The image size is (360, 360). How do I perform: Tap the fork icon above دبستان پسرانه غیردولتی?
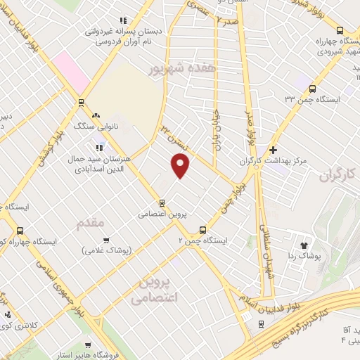[124, 20]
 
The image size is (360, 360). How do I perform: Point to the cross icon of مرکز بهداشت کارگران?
[274, 150]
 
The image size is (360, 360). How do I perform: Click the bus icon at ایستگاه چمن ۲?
[203, 229]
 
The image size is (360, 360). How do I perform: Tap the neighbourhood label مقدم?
[90, 223]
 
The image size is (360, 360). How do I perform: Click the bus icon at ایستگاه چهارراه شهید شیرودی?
[340, 30]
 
